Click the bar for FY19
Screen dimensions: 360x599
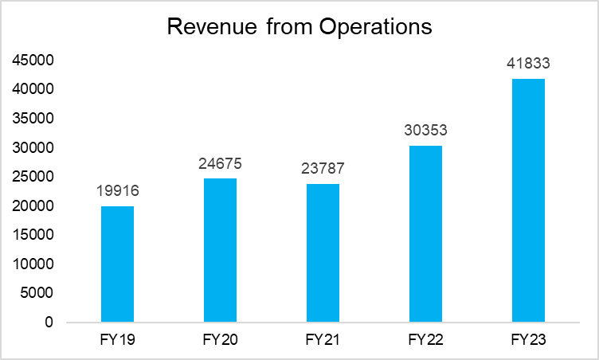tap(117, 264)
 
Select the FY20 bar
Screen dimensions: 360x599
tap(220, 250)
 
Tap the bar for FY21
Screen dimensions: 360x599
tap(323, 253)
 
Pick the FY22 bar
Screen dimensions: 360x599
tap(425, 234)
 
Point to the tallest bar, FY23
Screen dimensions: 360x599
tap(528, 201)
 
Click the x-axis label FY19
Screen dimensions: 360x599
tap(117, 340)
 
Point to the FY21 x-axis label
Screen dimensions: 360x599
tap(323, 340)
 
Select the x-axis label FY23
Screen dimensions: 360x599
tap(528, 340)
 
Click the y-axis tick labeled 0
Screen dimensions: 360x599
tap(49, 323)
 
